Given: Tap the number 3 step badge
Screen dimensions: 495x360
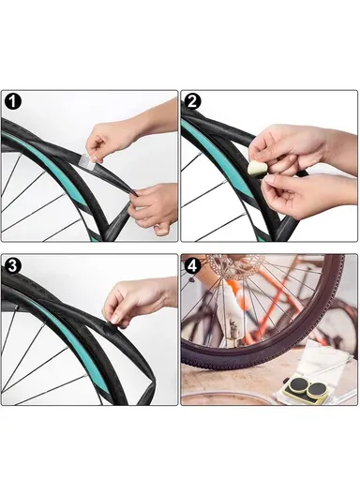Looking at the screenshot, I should pos(13,265).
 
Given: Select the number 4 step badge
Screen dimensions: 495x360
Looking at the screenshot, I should pos(192,265).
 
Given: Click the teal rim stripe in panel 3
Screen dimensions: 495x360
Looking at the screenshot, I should pos(56,323).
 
